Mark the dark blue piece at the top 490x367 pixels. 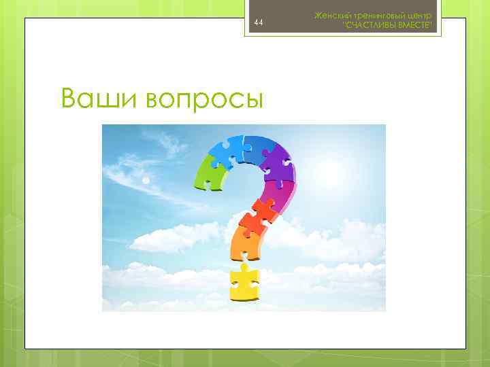pyautogui.click(x=255, y=144)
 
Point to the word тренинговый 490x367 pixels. pyautogui.click(x=377, y=15)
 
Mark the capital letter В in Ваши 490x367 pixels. pyautogui.click(x=69, y=99)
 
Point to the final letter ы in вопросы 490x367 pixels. pyautogui.click(x=253, y=101)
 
